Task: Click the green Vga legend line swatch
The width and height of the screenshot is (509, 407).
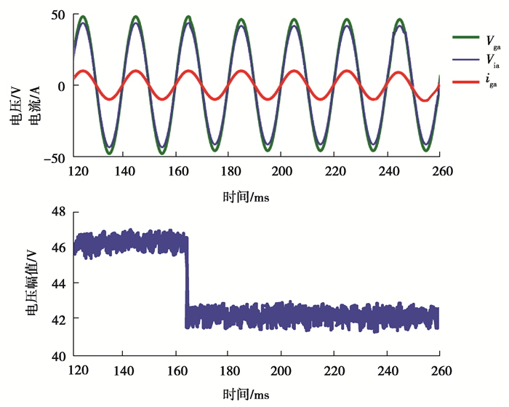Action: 463,36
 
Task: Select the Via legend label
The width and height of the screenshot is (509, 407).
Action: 492,60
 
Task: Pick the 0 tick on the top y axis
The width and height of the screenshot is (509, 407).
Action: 63,86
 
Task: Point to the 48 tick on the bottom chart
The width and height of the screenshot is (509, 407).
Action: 58,211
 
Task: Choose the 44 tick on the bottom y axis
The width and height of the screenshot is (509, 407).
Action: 58,283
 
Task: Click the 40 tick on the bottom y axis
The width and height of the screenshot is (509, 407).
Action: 58,355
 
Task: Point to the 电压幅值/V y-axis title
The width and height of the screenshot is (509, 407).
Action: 32,282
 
